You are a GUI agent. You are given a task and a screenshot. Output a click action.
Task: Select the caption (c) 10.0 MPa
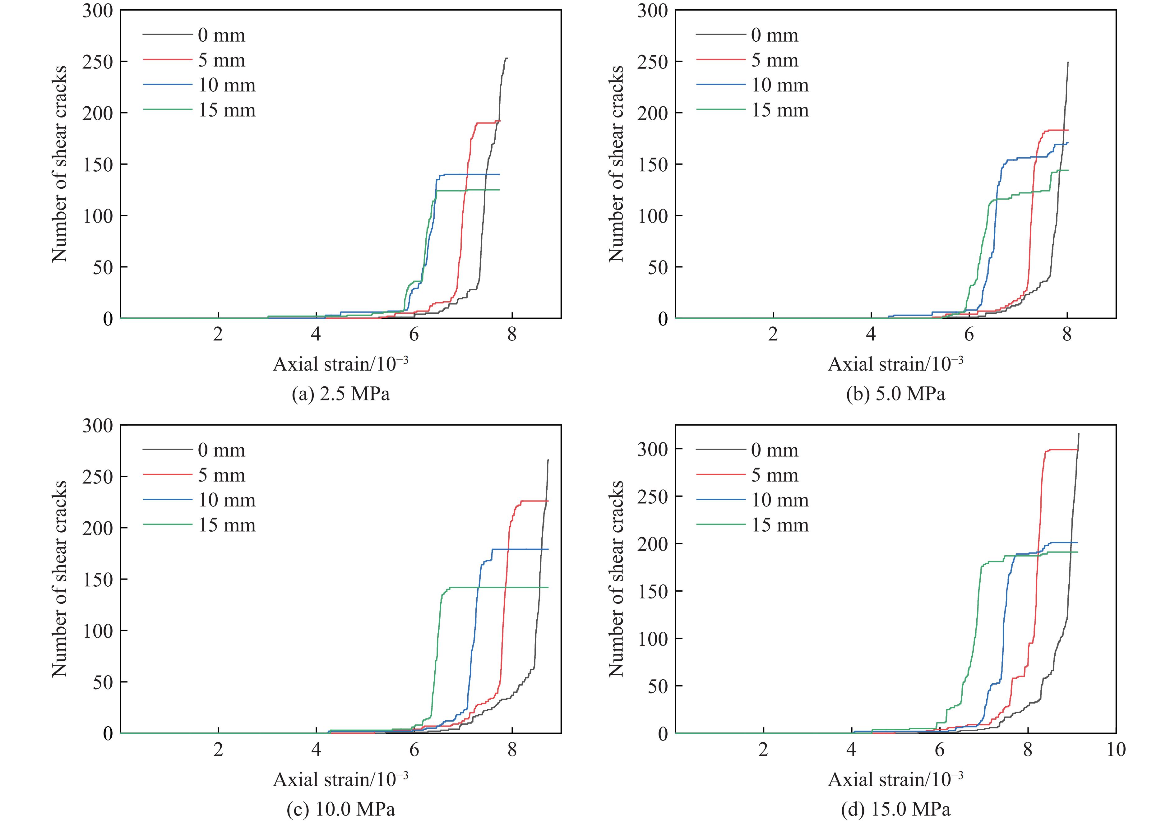tap(340, 809)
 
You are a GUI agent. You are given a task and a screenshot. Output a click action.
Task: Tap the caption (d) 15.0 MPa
tap(895, 809)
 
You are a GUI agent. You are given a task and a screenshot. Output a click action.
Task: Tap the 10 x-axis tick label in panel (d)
tap(1116, 750)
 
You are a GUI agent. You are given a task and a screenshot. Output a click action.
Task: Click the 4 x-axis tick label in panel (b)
tap(871, 335)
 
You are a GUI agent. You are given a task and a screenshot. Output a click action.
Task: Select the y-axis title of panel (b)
tap(616, 164)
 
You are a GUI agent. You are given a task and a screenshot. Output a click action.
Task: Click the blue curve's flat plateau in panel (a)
tap(471, 174)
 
